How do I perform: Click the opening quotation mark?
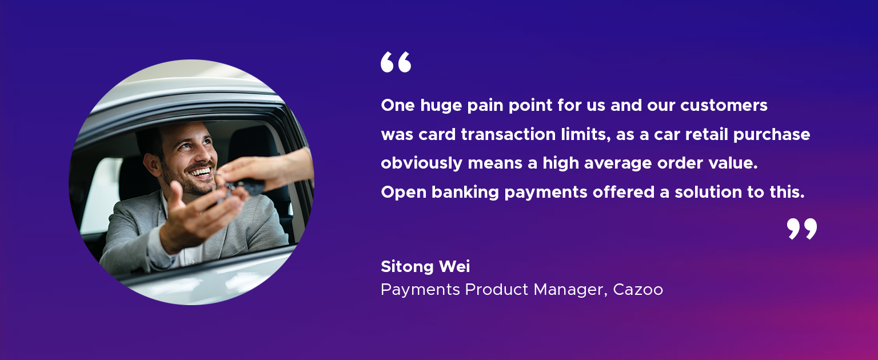pos(396,62)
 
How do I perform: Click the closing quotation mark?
pos(802,229)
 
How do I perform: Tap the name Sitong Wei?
pos(425,266)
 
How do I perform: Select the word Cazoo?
pos(638,290)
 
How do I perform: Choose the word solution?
pos(707,193)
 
